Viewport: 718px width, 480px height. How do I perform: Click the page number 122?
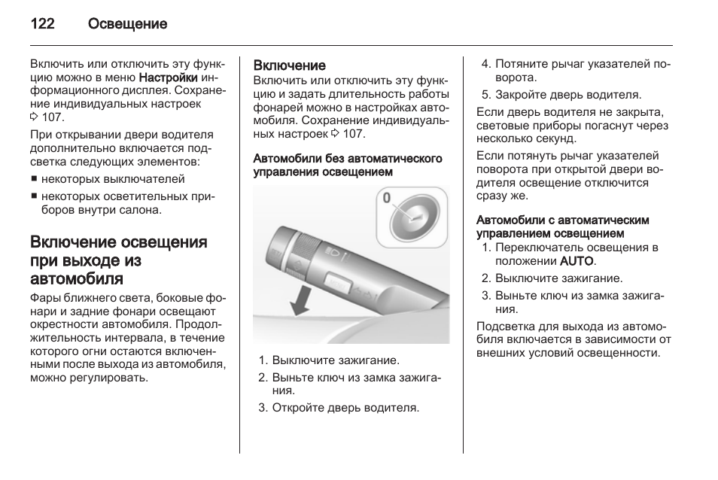click(x=42, y=24)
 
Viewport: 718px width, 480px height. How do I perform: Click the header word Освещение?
click(x=127, y=24)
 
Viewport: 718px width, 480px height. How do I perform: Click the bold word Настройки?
click(x=169, y=77)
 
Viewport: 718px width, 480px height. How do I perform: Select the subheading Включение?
click(x=289, y=66)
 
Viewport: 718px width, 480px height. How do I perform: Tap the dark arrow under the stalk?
click(x=302, y=302)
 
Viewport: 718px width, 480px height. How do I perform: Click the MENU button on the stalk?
click(x=338, y=285)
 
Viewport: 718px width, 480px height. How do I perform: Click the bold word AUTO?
click(x=577, y=261)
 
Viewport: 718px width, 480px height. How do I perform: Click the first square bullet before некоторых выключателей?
click(x=34, y=180)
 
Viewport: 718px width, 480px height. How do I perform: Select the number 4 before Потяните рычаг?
click(x=485, y=64)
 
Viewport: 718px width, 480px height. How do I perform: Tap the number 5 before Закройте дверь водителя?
click(x=485, y=95)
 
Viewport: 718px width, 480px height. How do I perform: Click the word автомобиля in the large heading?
click(x=77, y=279)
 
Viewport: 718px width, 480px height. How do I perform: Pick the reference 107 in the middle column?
click(x=353, y=133)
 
